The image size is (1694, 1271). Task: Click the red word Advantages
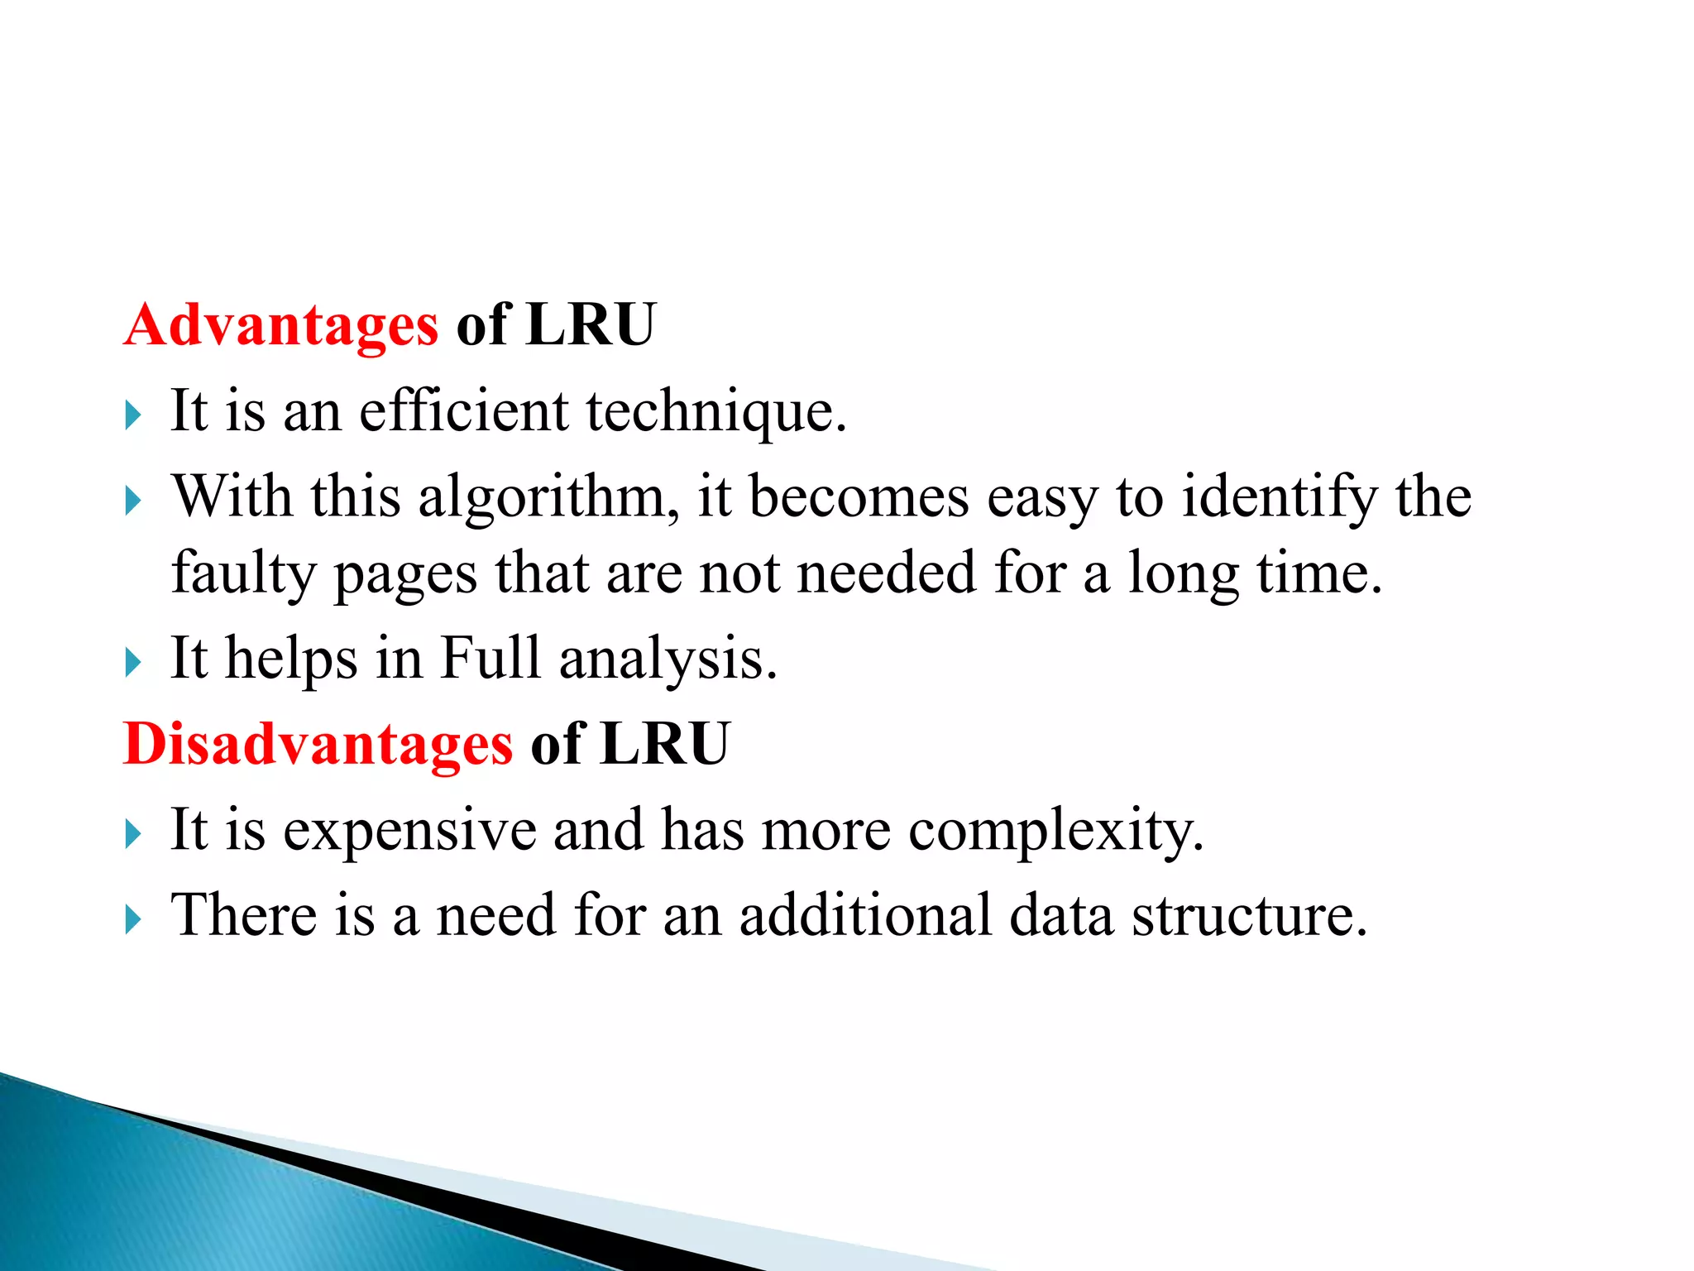(280, 325)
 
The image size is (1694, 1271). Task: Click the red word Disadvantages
(318, 744)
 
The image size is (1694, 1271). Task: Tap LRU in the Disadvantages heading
(665, 743)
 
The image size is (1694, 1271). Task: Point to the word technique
(716, 412)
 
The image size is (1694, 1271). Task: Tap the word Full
(490, 658)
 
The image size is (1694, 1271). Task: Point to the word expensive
(410, 831)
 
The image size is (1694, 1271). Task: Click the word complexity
(1056, 831)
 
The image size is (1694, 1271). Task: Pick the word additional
(865, 915)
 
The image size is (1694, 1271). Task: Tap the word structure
(1249, 917)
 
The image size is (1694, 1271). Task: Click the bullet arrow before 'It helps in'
(133, 663)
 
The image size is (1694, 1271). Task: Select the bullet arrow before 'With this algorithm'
(133, 501)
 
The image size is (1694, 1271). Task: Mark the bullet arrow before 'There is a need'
(133, 919)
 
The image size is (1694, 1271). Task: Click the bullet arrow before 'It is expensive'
(133, 833)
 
